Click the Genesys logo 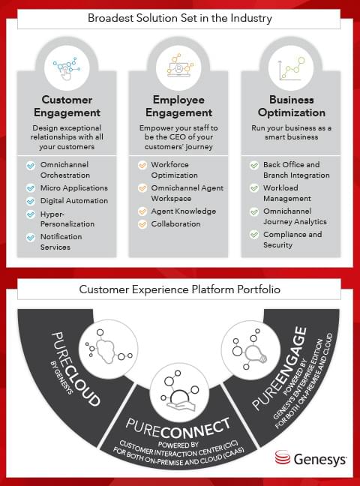pos(310,458)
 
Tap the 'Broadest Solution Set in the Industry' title pos(180,18)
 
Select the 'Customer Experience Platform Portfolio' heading pos(179,289)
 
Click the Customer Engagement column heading pos(67,106)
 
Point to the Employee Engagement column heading pos(179,106)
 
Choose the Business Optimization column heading pos(292,106)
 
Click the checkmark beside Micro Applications pos(31,188)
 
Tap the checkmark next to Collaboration pos(142,224)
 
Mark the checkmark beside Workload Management pos(254,188)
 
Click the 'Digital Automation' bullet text pos(74,201)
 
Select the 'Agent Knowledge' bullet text pos(184,211)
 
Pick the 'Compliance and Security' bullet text pos(292,239)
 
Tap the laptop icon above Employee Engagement pos(179,66)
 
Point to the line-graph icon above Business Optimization pos(292,68)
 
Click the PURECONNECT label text pos(178,427)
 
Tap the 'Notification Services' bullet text pos(61,241)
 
